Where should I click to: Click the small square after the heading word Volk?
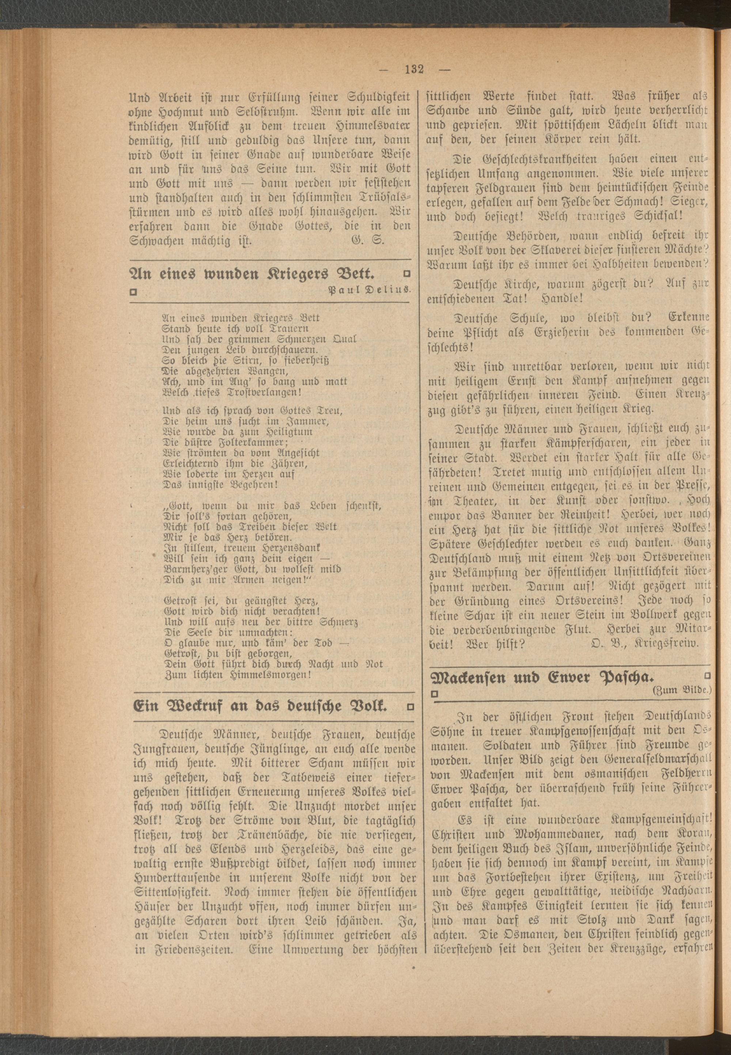pyautogui.click(x=410, y=707)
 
